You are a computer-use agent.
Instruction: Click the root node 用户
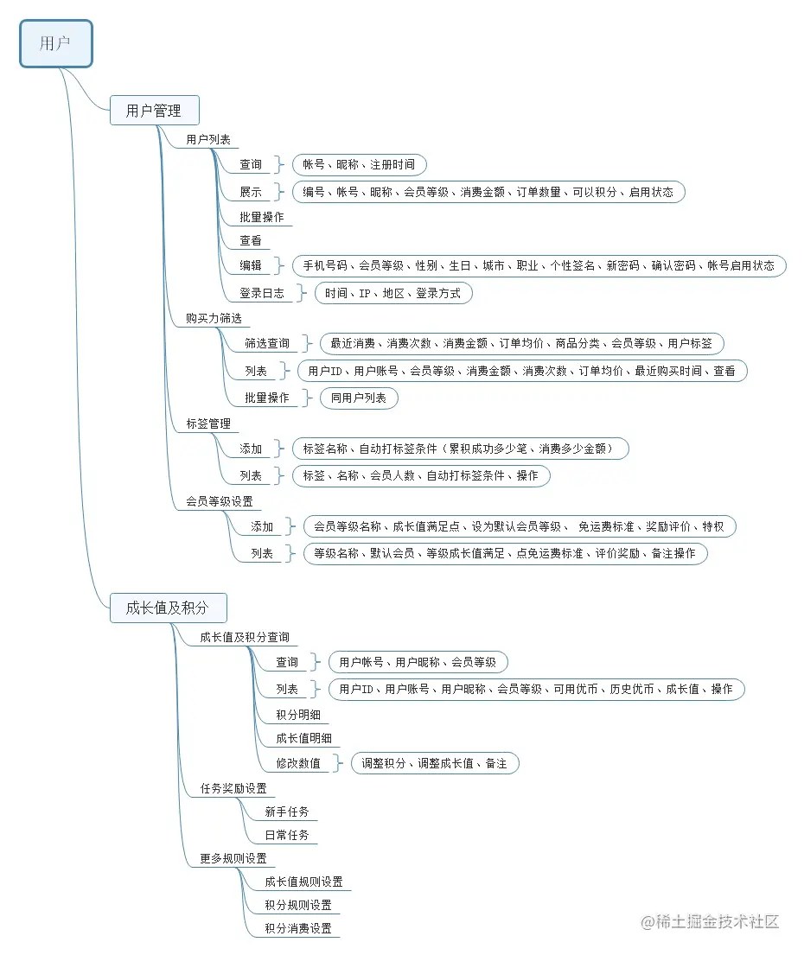point(56,43)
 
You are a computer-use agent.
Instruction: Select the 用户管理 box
point(154,111)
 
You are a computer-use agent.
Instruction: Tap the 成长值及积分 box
point(168,608)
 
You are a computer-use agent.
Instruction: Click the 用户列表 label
point(208,139)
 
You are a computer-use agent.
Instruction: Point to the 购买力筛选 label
point(214,318)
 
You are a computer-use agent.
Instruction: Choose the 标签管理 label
point(208,423)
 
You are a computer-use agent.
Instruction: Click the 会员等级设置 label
point(220,501)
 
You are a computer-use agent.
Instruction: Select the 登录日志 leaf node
point(262,293)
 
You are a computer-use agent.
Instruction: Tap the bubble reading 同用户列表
point(359,398)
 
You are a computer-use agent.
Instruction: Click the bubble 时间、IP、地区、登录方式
point(392,293)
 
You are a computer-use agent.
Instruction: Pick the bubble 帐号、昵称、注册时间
point(359,164)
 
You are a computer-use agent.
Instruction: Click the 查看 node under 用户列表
point(251,240)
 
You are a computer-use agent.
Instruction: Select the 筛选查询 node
point(267,343)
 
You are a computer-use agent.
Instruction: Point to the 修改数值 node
point(298,763)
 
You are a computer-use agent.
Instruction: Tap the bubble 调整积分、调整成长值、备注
point(434,763)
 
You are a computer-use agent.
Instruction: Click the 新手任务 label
point(287,812)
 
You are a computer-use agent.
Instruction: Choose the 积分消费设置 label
point(298,928)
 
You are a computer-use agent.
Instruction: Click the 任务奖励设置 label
point(234,788)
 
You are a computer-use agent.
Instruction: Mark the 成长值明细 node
point(304,738)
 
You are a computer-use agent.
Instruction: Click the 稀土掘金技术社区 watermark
point(711,921)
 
